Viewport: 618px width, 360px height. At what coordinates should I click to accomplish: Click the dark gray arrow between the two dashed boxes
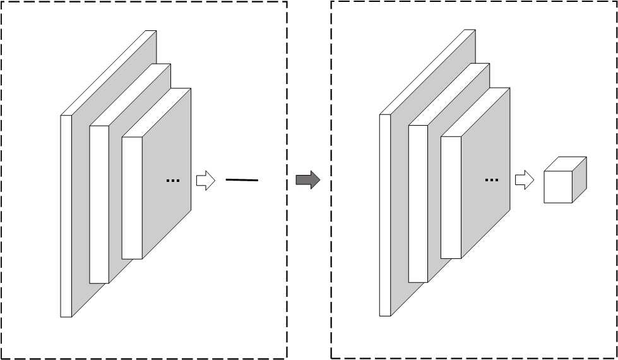[307, 181]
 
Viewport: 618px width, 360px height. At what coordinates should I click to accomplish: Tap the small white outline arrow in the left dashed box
[205, 181]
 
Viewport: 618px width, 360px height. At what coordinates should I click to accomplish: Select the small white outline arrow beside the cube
[524, 181]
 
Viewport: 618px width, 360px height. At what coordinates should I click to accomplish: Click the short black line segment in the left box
[242, 181]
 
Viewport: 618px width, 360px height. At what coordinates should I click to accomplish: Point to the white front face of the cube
[558, 186]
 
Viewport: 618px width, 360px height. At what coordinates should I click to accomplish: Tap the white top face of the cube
[566, 163]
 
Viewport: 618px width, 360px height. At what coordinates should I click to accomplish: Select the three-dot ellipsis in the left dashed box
[172, 181]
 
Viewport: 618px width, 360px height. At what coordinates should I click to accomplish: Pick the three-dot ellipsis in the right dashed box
[491, 181]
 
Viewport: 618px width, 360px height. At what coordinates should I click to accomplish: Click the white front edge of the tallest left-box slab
[66, 215]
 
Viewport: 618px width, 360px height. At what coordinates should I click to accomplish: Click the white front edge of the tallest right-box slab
[385, 215]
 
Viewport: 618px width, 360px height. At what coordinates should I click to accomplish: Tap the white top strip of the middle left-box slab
[130, 95]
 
